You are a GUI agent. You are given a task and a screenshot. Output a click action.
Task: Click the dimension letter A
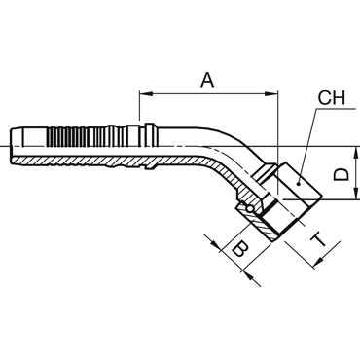[x=207, y=80]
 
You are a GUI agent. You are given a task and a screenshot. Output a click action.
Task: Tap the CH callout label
[x=332, y=97]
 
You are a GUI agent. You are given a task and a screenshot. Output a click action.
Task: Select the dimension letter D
[x=342, y=174]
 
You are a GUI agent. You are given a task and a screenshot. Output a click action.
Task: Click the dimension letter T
[x=319, y=239]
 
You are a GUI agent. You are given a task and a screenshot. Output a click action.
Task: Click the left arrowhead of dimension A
[x=146, y=94]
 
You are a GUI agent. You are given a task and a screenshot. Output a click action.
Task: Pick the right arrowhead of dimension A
[x=271, y=94]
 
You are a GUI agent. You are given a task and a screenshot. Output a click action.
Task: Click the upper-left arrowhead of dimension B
[x=215, y=245]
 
